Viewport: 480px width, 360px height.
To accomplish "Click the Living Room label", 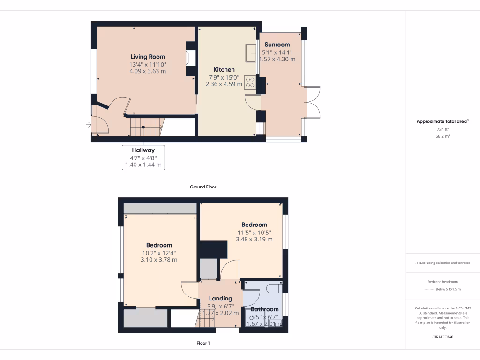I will click(148, 57).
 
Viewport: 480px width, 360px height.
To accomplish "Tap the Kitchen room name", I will click(224, 70).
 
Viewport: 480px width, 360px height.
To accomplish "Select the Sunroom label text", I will click(277, 45).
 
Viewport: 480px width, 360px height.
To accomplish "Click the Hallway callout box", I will click(143, 157).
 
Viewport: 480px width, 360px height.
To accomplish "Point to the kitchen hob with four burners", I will click(250, 82).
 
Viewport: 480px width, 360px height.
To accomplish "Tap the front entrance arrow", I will click(88, 125).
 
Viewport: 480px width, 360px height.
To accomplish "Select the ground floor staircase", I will click(146, 127).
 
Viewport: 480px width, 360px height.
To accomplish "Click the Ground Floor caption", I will click(203, 187).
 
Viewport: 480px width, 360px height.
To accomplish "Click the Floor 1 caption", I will click(203, 343).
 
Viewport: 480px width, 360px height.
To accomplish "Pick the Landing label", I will click(220, 299).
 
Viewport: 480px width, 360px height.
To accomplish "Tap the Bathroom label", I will click(264, 309).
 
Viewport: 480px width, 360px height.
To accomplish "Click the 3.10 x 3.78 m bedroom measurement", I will click(159, 260).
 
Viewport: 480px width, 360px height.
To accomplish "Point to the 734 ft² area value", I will click(442, 129).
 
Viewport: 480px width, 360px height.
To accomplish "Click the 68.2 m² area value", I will click(442, 136).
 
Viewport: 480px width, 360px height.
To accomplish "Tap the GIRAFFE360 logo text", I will click(442, 337).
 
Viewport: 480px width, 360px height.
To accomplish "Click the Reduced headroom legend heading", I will click(442, 282).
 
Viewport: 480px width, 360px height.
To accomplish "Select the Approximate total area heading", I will click(442, 121).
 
